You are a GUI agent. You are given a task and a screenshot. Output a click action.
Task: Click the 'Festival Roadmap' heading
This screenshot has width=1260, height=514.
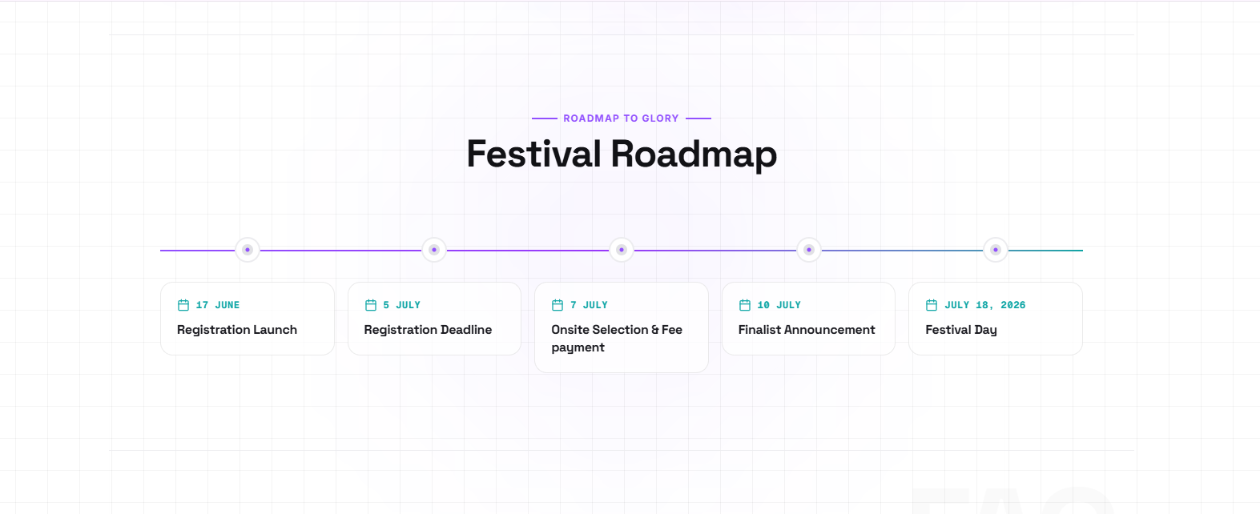pos(622,154)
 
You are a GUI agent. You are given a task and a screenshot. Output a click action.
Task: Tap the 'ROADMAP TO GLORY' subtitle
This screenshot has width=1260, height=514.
pos(621,118)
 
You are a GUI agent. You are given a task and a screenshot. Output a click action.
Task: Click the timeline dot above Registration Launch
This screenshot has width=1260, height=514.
pos(248,250)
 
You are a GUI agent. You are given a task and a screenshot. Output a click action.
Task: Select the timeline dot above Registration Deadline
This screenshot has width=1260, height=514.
pos(434,250)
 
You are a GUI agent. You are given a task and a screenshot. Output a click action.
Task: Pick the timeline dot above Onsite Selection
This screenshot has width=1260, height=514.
pos(622,250)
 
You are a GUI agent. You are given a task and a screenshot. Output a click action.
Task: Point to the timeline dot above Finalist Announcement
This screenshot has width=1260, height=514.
pos(809,250)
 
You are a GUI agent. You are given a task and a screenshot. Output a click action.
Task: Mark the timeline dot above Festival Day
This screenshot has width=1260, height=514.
pos(996,250)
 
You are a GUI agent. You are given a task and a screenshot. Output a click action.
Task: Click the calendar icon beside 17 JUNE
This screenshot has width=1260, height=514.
pos(183,305)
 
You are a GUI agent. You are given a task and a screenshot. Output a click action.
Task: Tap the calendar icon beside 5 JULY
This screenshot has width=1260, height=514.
pos(371,305)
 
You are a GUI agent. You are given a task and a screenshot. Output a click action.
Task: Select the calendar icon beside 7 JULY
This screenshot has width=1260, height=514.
pos(558,305)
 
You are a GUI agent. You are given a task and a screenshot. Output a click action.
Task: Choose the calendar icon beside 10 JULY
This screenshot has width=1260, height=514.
pos(745,305)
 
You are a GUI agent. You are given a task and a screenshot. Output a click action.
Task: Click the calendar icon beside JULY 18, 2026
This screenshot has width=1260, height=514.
pos(932,305)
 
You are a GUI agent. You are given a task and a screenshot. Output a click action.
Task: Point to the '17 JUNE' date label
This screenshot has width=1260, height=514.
pos(218,305)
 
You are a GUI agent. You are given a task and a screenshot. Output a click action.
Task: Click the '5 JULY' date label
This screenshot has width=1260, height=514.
pos(401,305)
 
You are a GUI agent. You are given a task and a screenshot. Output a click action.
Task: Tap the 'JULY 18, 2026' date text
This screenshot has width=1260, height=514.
pos(985,305)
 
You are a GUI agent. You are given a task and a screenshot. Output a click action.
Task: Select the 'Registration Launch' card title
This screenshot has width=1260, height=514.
pos(237,330)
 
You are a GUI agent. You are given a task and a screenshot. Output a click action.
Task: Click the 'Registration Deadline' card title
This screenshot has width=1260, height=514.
pos(428,330)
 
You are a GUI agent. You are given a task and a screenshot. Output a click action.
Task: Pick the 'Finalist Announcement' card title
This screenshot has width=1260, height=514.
pos(807,330)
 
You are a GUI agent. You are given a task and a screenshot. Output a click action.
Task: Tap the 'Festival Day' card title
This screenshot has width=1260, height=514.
pos(961,330)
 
